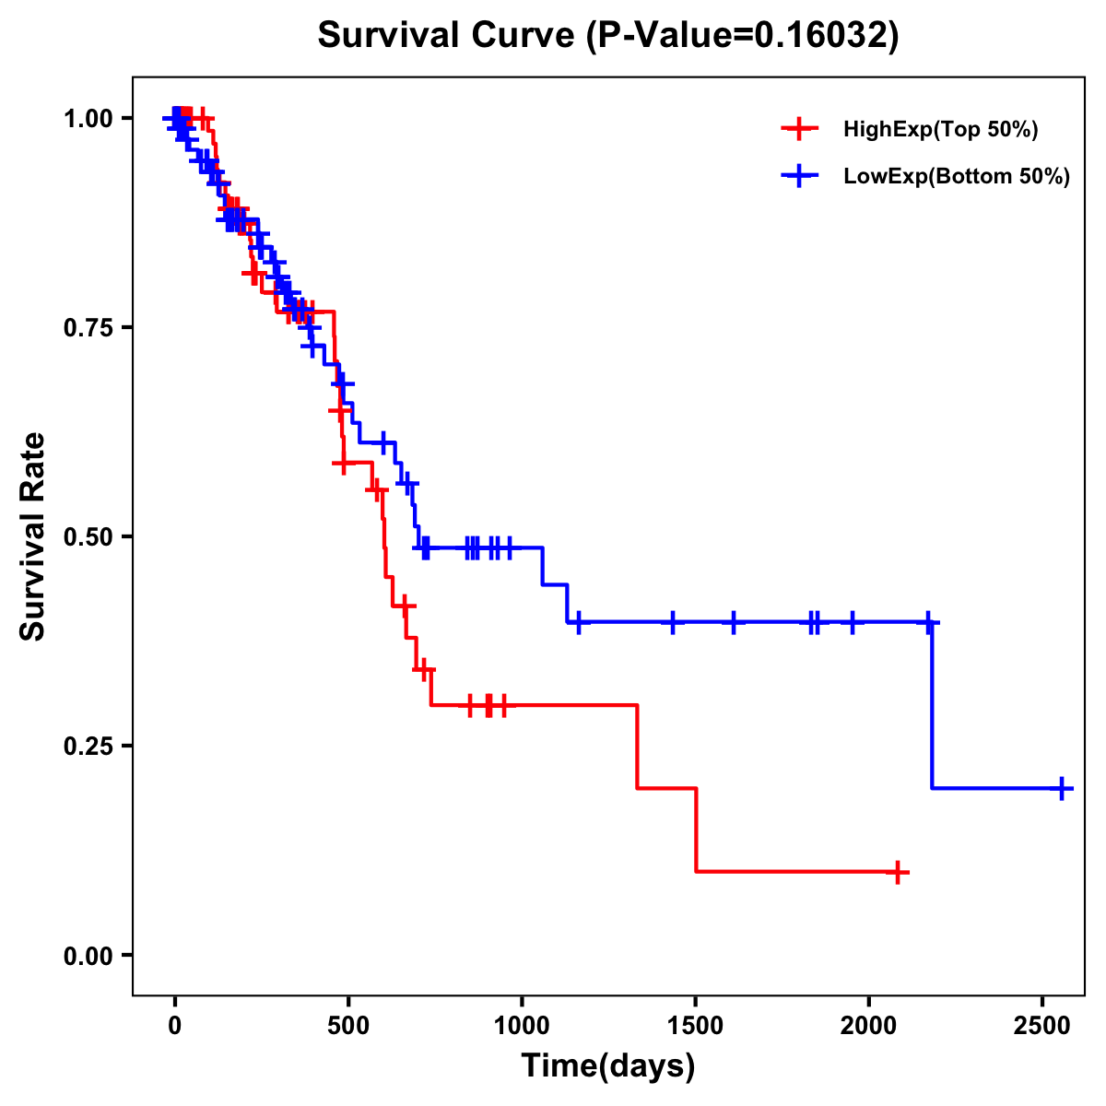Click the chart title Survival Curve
607,35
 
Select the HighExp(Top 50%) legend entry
940,130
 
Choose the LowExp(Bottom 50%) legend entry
956,177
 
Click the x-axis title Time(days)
607,1066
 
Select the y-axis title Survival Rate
33,536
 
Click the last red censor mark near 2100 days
897,872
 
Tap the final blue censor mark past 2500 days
1062,789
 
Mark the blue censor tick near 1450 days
673,622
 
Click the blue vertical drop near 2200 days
932,705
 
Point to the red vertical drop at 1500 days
696,829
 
